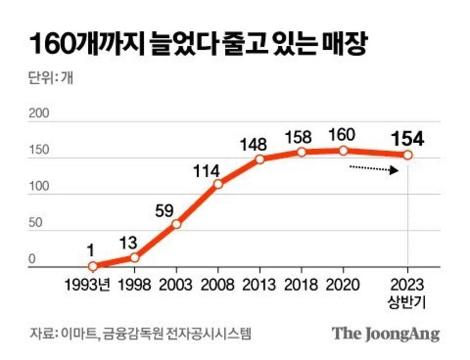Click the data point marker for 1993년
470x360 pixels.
pos(92,266)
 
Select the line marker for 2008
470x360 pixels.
pos(218,184)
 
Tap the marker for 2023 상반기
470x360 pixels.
pos(408,155)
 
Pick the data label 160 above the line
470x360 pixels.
pos(343,135)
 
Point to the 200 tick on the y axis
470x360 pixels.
pos(39,113)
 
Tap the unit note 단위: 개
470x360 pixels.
pos(50,78)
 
